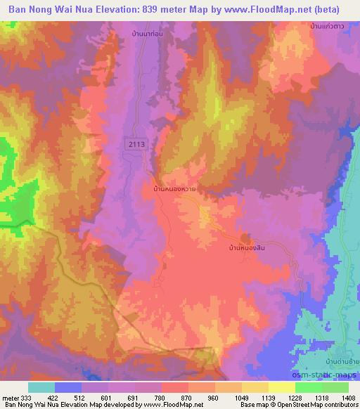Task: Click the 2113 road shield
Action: coord(137,144)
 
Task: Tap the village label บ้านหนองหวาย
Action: coord(174,189)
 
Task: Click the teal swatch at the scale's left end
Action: coord(41,387)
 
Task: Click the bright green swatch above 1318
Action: coord(308,387)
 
